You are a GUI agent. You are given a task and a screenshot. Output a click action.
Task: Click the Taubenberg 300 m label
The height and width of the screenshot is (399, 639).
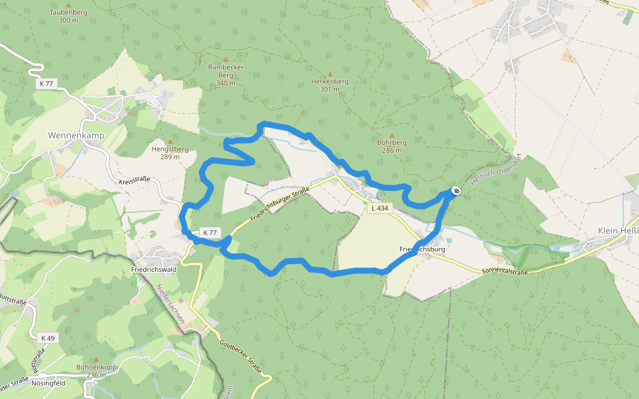coord(69,16)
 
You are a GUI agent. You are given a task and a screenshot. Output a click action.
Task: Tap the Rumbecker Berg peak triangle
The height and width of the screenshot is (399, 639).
coord(226,60)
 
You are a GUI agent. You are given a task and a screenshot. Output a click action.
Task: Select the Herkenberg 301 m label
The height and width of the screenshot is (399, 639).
coord(329,85)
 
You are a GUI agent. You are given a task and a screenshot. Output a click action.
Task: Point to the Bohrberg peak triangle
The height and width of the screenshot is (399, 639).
coord(391,136)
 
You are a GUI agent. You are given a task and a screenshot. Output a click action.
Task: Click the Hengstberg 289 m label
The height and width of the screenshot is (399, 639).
coord(170,152)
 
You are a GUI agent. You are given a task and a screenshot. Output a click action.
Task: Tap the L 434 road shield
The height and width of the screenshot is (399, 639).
coord(379,208)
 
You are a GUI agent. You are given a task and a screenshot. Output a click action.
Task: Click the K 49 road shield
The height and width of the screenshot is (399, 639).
coord(47,338)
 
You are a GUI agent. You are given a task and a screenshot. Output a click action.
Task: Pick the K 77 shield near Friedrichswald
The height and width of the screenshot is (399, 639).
coord(210,233)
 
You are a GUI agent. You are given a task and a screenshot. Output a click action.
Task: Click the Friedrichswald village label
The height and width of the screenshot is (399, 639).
coord(153,271)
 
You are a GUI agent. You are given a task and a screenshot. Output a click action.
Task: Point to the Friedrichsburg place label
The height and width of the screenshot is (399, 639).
coord(422,249)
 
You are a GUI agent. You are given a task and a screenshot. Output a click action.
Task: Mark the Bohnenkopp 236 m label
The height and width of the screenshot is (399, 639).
coord(97,370)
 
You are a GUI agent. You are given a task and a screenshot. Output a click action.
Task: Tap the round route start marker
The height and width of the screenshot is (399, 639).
coord(456,192)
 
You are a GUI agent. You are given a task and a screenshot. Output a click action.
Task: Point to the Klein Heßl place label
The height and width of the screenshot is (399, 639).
coord(618,231)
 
